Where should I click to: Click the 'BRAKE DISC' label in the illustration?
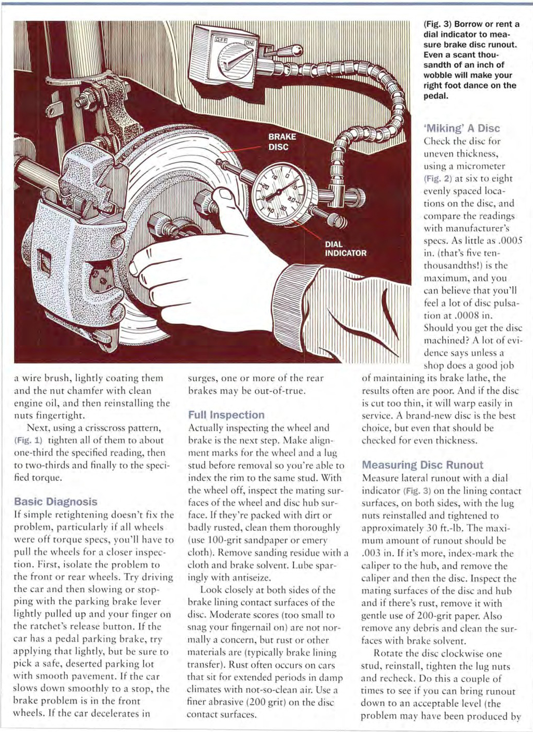click(x=282, y=142)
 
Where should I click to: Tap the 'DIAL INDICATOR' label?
click(x=345, y=248)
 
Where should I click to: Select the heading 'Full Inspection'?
click(x=226, y=415)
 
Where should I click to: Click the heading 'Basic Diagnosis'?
click(x=56, y=502)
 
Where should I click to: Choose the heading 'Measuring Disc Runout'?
click(x=422, y=465)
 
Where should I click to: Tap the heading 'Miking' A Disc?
click(x=462, y=128)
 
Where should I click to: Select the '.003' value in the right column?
click(x=371, y=553)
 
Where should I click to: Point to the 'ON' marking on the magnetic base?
click(x=249, y=38)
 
